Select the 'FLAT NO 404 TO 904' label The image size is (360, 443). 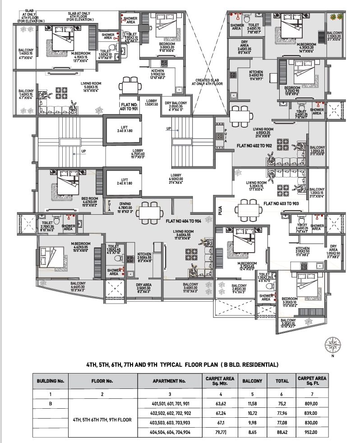click(x=188, y=221)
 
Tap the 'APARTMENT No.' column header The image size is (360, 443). click(x=169, y=381)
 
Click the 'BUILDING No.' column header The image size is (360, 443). click(x=51, y=381)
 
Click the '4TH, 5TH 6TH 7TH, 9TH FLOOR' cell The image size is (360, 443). click(x=102, y=420)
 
